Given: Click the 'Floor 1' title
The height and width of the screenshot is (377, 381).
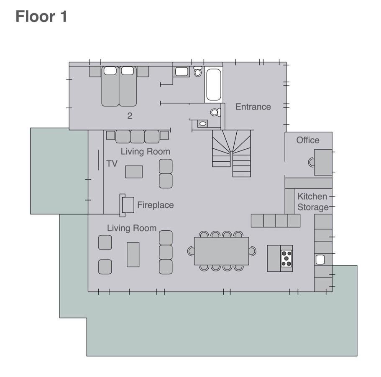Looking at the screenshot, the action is pyautogui.click(x=41, y=16).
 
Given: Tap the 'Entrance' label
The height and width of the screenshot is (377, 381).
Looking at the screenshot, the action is pyautogui.click(x=253, y=107).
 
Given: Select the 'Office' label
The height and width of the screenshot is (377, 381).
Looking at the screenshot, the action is pyautogui.click(x=308, y=140).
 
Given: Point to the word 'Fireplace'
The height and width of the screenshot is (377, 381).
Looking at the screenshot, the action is pyautogui.click(x=156, y=205).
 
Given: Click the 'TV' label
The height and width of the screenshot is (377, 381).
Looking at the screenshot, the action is pyautogui.click(x=112, y=163).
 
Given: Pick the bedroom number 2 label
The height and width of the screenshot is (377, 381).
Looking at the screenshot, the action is pyautogui.click(x=130, y=116).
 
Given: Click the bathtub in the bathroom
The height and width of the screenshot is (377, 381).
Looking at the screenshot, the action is pyautogui.click(x=214, y=85).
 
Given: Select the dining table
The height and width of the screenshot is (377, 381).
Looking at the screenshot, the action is pyautogui.click(x=221, y=251).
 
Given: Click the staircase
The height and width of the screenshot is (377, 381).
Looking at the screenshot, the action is pyautogui.click(x=232, y=153).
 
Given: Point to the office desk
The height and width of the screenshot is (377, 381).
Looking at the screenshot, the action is pyautogui.click(x=323, y=162).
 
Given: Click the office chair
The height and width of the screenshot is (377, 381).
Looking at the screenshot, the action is pyautogui.click(x=311, y=162).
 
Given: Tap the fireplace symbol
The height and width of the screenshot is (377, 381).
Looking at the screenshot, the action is pyautogui.click(x=127, y=205).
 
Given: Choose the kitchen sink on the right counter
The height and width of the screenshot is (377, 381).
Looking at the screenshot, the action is pyautogui.click(x=320, y=260).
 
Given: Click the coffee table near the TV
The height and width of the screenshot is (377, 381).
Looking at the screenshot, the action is pyautogui.click(x=134, y=172).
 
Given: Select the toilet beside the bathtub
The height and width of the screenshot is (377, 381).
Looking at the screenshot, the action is pyautogui.click(x=198, y=71).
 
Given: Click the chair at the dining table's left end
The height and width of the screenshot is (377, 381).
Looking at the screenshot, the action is pyautogui.click(x=191, y=251).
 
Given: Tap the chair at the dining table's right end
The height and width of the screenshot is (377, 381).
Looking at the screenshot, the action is pyautogui.click(x=253, y=251).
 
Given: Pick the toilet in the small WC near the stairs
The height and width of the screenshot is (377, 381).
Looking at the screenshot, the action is pyautogui.click(x=216, y=112).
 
